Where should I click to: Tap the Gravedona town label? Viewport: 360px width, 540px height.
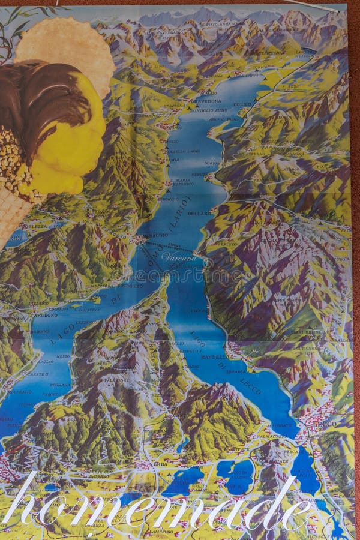[x=206, y=101]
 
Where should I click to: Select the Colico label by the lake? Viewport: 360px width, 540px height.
[x=243, y=104]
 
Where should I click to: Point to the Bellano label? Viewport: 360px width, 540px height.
[x=199, y=213]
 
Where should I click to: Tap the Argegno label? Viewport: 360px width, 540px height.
[x=46, y=314]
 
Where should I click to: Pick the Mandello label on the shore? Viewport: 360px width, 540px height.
[x=214, y=357]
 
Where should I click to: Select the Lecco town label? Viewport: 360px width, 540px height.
[x=328, y=423]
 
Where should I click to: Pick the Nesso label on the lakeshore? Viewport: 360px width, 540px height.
[x=63, y=356]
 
